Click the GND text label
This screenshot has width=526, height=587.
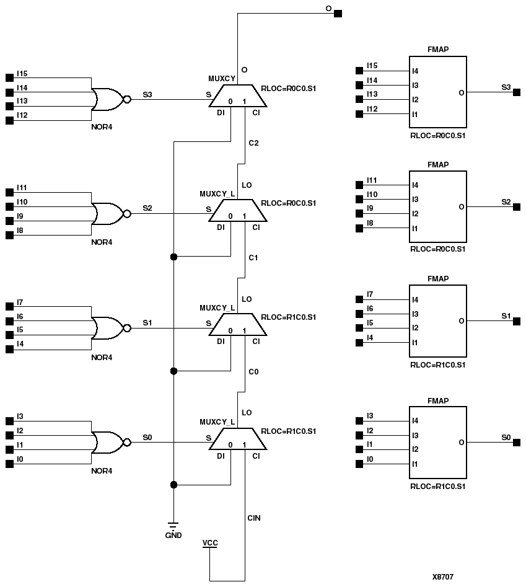(x=173, y=536)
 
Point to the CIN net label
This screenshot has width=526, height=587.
(x=254, y=518)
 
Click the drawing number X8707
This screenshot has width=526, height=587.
(x=443, y=576)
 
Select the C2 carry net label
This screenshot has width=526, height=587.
(x=253, y=143)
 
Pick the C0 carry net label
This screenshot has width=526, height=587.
(x=253, y=371)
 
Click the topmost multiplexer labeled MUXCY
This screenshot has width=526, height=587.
(x=238, y=95)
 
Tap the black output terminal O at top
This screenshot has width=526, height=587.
(x=338, y=13)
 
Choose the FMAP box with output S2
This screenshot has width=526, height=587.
(x=437, y=207)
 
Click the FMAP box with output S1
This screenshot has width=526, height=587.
(x=437, y=321)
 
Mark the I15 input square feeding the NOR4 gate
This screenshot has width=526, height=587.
(x=9, y=77)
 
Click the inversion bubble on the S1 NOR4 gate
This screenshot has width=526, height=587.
(x=127, y=328)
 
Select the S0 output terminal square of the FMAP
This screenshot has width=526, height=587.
(x=517, y=443)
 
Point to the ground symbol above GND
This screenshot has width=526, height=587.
(x=173, y=525)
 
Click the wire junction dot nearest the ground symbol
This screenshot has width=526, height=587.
(x=173, y=485)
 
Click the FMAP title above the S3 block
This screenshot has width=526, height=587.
(x=437, y=50)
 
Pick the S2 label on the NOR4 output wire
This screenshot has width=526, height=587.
(x=147, y=208)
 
